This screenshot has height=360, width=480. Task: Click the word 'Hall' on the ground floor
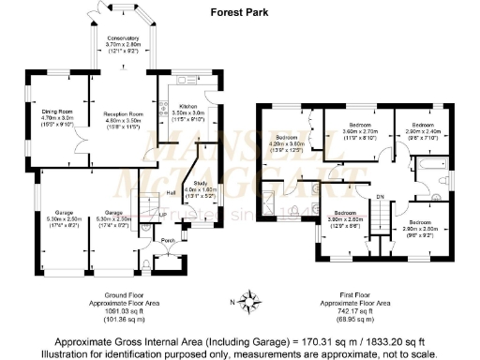[x=171, y=194]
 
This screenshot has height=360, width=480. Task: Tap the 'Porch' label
[x=169, y=241]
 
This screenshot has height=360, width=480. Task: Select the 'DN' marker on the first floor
[x=381, y=196]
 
